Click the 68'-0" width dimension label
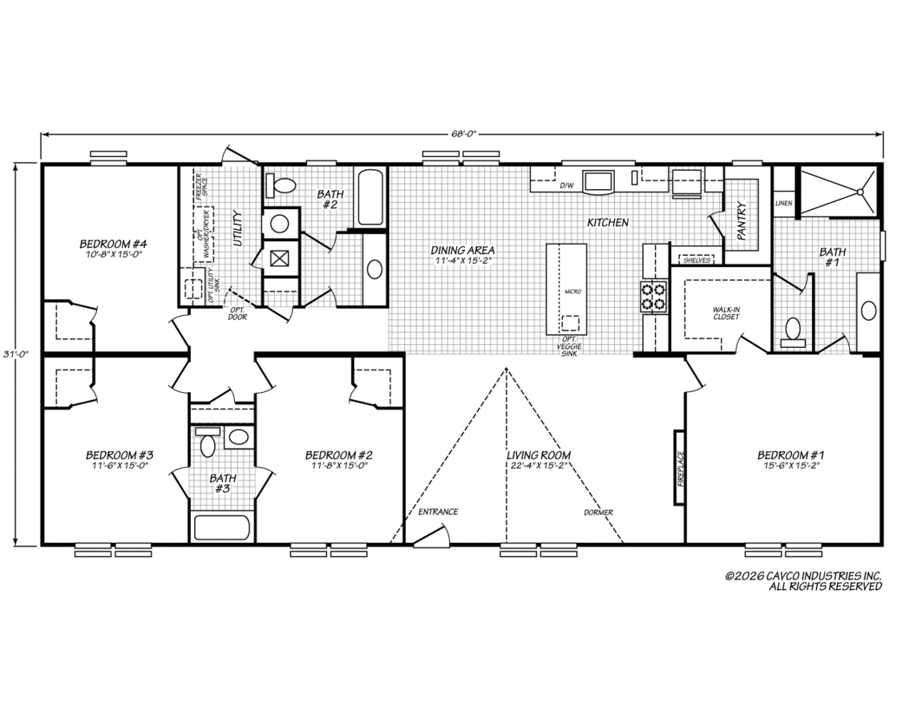point(463,134)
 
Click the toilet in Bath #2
point(280,186)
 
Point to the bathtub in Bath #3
point(221,527)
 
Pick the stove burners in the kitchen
point(654,297)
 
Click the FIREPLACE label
point(681,468)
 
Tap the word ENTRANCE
point(438,512)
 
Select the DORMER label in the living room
point(598,512)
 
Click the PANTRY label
point(741,221)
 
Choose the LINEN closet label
point(783,204)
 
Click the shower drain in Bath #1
point(859,192)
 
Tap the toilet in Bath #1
point(793,331)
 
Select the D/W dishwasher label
point(566,186)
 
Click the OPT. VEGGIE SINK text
point(569,347)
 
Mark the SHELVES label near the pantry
point(697,260)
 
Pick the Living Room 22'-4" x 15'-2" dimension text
point(539,466)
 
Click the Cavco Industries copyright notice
point(803,581)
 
